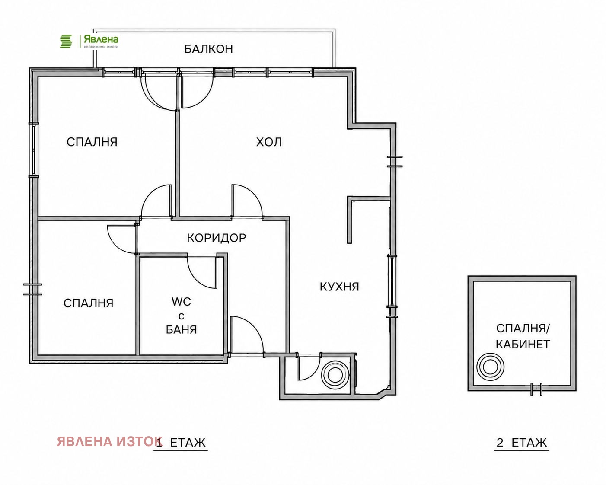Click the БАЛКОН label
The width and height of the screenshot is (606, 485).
[209, 49]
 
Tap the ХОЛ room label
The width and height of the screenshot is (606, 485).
[269, 142]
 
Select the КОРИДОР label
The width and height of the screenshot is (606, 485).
[216, 238]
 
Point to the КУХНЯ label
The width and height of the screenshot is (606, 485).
[339, 287]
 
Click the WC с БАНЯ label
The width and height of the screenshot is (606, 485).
[182, 316]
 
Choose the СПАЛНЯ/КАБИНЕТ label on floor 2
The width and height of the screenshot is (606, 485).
[523, 336]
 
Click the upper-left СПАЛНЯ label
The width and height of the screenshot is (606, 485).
[92, 142]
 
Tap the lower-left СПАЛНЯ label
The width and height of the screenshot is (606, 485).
[89, 303]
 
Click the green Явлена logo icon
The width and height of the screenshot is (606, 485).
[66, 41]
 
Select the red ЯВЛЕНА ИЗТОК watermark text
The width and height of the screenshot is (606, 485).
[110, 441]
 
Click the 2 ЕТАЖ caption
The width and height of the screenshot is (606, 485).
[522, 443]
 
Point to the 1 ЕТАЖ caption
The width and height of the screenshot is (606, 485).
[181, 443]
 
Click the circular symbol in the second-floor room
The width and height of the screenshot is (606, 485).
[490, 367]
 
